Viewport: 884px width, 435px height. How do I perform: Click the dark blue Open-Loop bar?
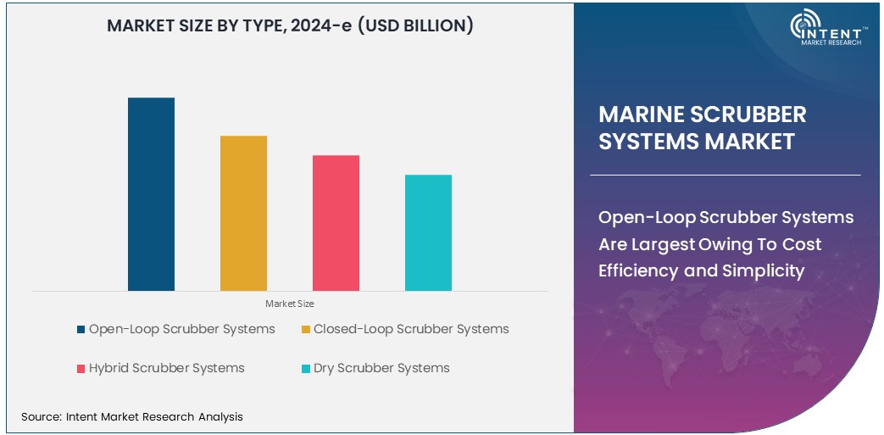(151, 194)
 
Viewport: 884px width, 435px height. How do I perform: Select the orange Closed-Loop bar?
(243, 213)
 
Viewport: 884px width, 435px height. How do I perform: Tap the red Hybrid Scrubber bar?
(336, 223)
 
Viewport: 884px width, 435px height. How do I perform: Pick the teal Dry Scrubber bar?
(428, 232)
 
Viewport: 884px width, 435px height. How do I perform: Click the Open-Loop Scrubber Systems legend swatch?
(81, 330)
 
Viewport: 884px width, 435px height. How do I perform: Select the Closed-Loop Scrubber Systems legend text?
(411, 329)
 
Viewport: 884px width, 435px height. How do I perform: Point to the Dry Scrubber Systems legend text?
(381, 368)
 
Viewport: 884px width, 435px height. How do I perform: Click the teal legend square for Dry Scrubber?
(305, 369)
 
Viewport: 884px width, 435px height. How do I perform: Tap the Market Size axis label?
(289, 304)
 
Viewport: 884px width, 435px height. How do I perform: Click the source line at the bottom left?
(132, 416)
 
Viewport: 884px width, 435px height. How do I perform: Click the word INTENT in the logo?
(839, 27)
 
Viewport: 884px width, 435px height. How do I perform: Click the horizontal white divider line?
(725, 175)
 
